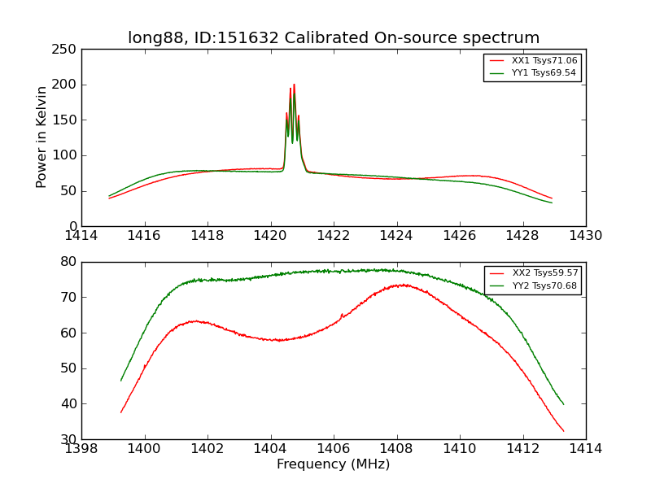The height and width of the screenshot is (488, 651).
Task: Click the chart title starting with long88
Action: click(334, 38)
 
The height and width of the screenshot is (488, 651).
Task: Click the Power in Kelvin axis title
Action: click(42, 137)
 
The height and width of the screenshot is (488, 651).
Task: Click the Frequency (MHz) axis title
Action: click(334, 464)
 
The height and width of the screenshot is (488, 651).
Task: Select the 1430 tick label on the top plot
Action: click(586, 235)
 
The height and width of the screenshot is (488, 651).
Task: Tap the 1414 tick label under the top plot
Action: click(81, 235)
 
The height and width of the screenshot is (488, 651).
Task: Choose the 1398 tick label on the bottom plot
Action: click(81, 448)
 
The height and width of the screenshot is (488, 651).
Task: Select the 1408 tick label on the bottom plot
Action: click(397, 448)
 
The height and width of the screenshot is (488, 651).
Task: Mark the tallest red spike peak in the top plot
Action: click(294, 85)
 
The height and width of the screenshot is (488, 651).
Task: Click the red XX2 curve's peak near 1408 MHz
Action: click(400, 285)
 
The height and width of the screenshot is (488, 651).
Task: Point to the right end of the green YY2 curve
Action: click(563, 404)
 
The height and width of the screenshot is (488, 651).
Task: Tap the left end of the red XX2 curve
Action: click(120, 412)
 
